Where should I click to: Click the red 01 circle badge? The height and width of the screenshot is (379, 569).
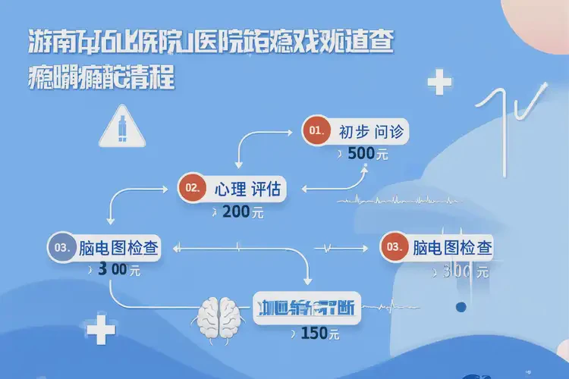(316, 131)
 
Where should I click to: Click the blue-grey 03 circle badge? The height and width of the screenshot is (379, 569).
(61, 247)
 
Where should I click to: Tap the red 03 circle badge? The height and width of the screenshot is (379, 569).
(393, 247)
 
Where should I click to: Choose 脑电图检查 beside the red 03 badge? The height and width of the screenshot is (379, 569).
(451, 248)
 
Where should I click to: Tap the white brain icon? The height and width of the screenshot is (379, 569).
(220, 317)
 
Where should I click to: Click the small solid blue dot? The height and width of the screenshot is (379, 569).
(459, 307)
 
